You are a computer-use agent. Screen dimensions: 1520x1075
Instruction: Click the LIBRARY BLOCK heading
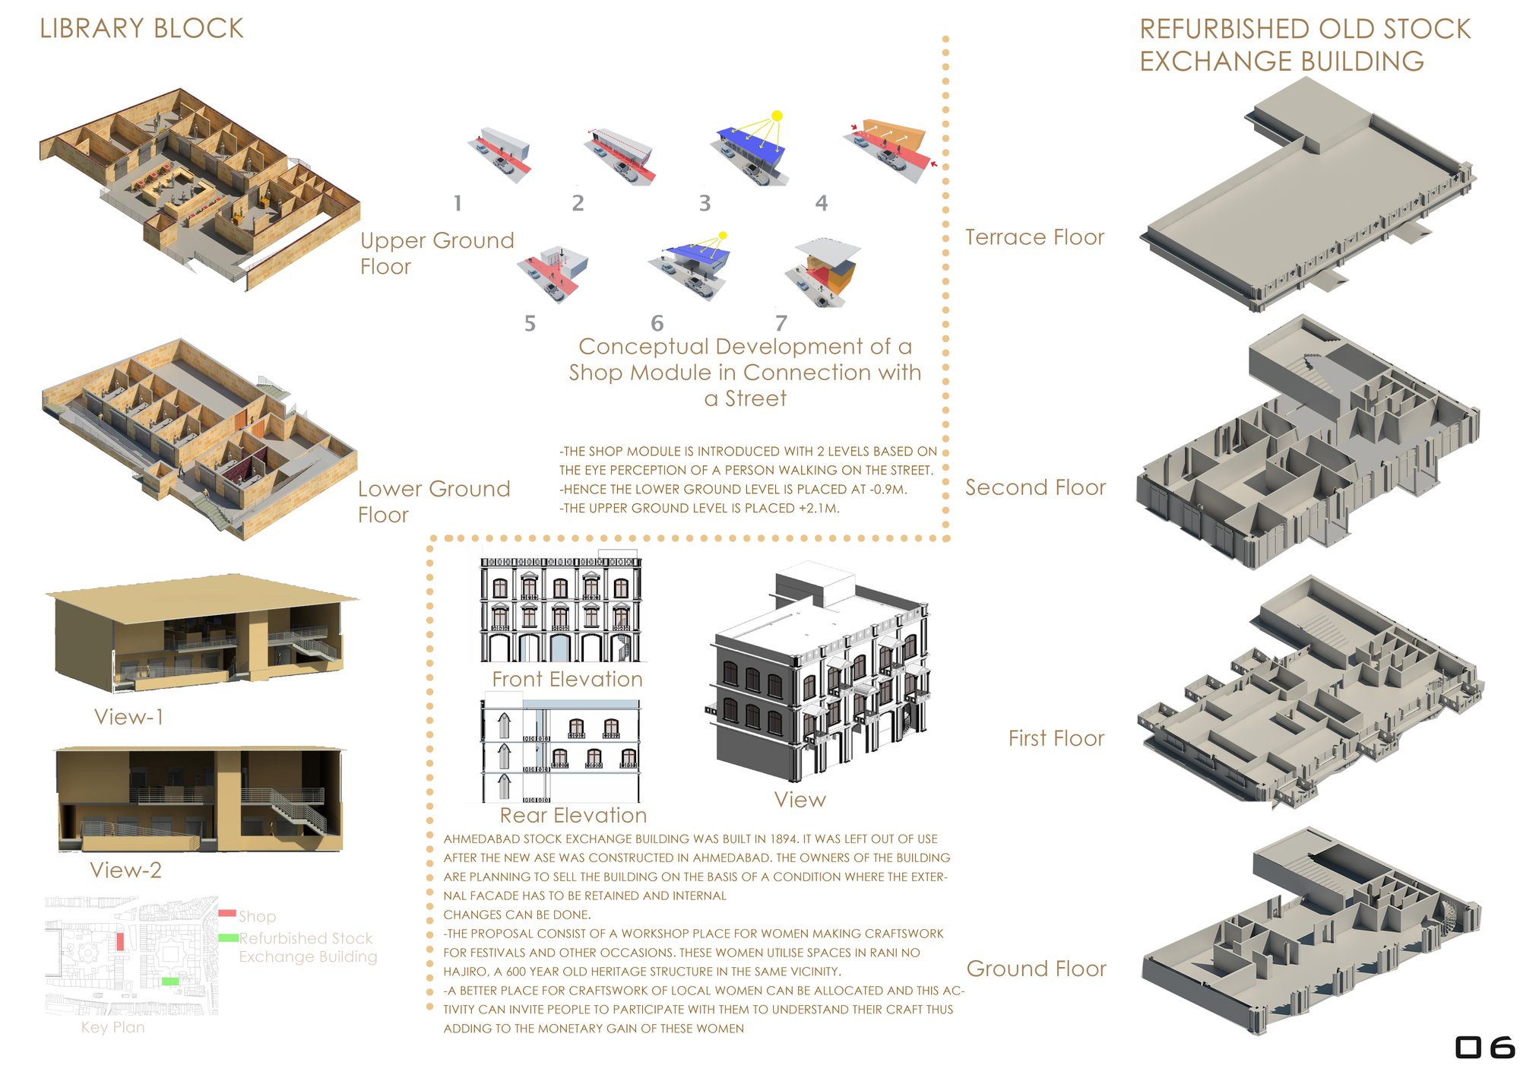[141, 29]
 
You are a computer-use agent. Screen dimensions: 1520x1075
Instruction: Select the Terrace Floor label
[1034, 237]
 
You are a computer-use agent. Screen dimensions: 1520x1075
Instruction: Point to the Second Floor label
[1035, 487]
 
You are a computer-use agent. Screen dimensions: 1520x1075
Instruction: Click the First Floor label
[1056, 738]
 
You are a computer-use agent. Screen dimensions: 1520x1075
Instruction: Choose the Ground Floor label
[1036, 969]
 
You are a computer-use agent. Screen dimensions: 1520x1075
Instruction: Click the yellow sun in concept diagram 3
[777, 116]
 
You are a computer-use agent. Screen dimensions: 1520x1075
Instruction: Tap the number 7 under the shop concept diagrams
[781, 323]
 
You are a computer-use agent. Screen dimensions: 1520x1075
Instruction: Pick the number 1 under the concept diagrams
[458, 203]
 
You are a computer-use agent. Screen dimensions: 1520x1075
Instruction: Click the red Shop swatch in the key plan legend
[227, 913]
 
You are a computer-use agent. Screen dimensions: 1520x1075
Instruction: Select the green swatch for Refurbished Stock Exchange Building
[229, 938]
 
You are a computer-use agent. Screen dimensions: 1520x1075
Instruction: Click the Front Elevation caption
[567, 679]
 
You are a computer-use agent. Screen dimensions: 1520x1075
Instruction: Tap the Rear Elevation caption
[573, 815]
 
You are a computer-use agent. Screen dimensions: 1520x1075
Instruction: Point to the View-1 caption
[128, 717]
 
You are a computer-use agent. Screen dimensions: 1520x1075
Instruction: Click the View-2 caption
[126, 870]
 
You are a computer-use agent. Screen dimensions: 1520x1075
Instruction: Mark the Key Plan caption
[112, 1027]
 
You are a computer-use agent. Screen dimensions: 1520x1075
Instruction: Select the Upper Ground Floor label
[437, 253]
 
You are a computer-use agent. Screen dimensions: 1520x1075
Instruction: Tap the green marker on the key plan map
[170, 981]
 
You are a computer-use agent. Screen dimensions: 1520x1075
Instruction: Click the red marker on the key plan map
[120, 941]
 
